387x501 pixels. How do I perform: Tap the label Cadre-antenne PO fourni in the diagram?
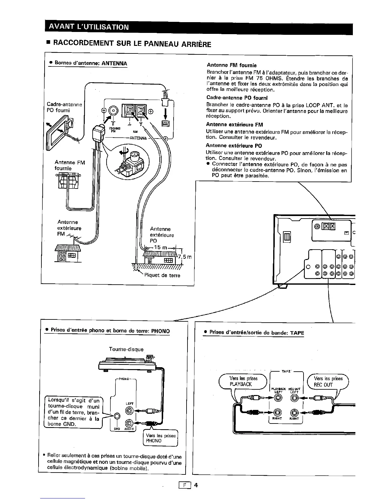pyautogui.click(x=64, y=107)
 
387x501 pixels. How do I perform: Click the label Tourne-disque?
pyautogui.click(x=126, y=349)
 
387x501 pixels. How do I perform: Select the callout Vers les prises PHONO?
pyautogui.click(x=161, y=438)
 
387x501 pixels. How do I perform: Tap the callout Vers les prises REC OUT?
pyautogui.click(x=328, y=381)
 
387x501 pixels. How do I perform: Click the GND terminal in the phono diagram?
pyautogui.click(x=117, y=417)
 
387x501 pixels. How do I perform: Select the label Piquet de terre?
pyautogui.click(x=162, y=275)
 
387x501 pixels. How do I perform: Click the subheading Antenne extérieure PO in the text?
pyautogui.click(x=234, y=146)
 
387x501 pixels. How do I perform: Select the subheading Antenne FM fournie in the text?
pyautogui.click(x=231, y=65)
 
